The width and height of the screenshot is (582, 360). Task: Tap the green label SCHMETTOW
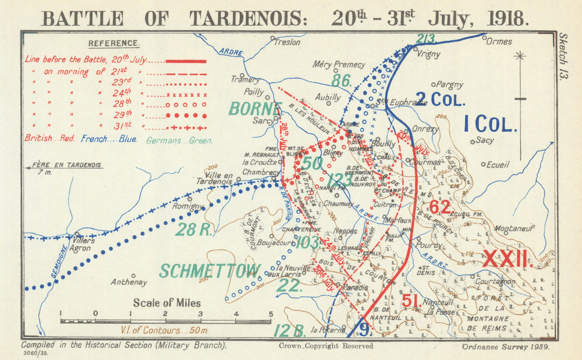(210, 270)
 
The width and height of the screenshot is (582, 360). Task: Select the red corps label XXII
(505, 258)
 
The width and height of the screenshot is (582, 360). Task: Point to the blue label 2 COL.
(440, 99)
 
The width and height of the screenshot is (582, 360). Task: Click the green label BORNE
(255, 109)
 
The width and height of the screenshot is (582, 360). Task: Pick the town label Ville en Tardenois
(219, 177)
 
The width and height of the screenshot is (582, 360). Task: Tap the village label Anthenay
(129, 282)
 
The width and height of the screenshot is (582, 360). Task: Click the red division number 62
(440, 207)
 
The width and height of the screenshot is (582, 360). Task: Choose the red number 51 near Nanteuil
(411, 300)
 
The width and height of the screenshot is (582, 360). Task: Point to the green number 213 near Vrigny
(427, 39)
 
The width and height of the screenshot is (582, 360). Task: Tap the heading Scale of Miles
(166, 302)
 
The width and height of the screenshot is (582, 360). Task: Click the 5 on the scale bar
(270, 313)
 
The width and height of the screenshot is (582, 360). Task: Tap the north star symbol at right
(520, 56)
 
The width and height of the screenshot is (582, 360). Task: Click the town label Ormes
(499, 41)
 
